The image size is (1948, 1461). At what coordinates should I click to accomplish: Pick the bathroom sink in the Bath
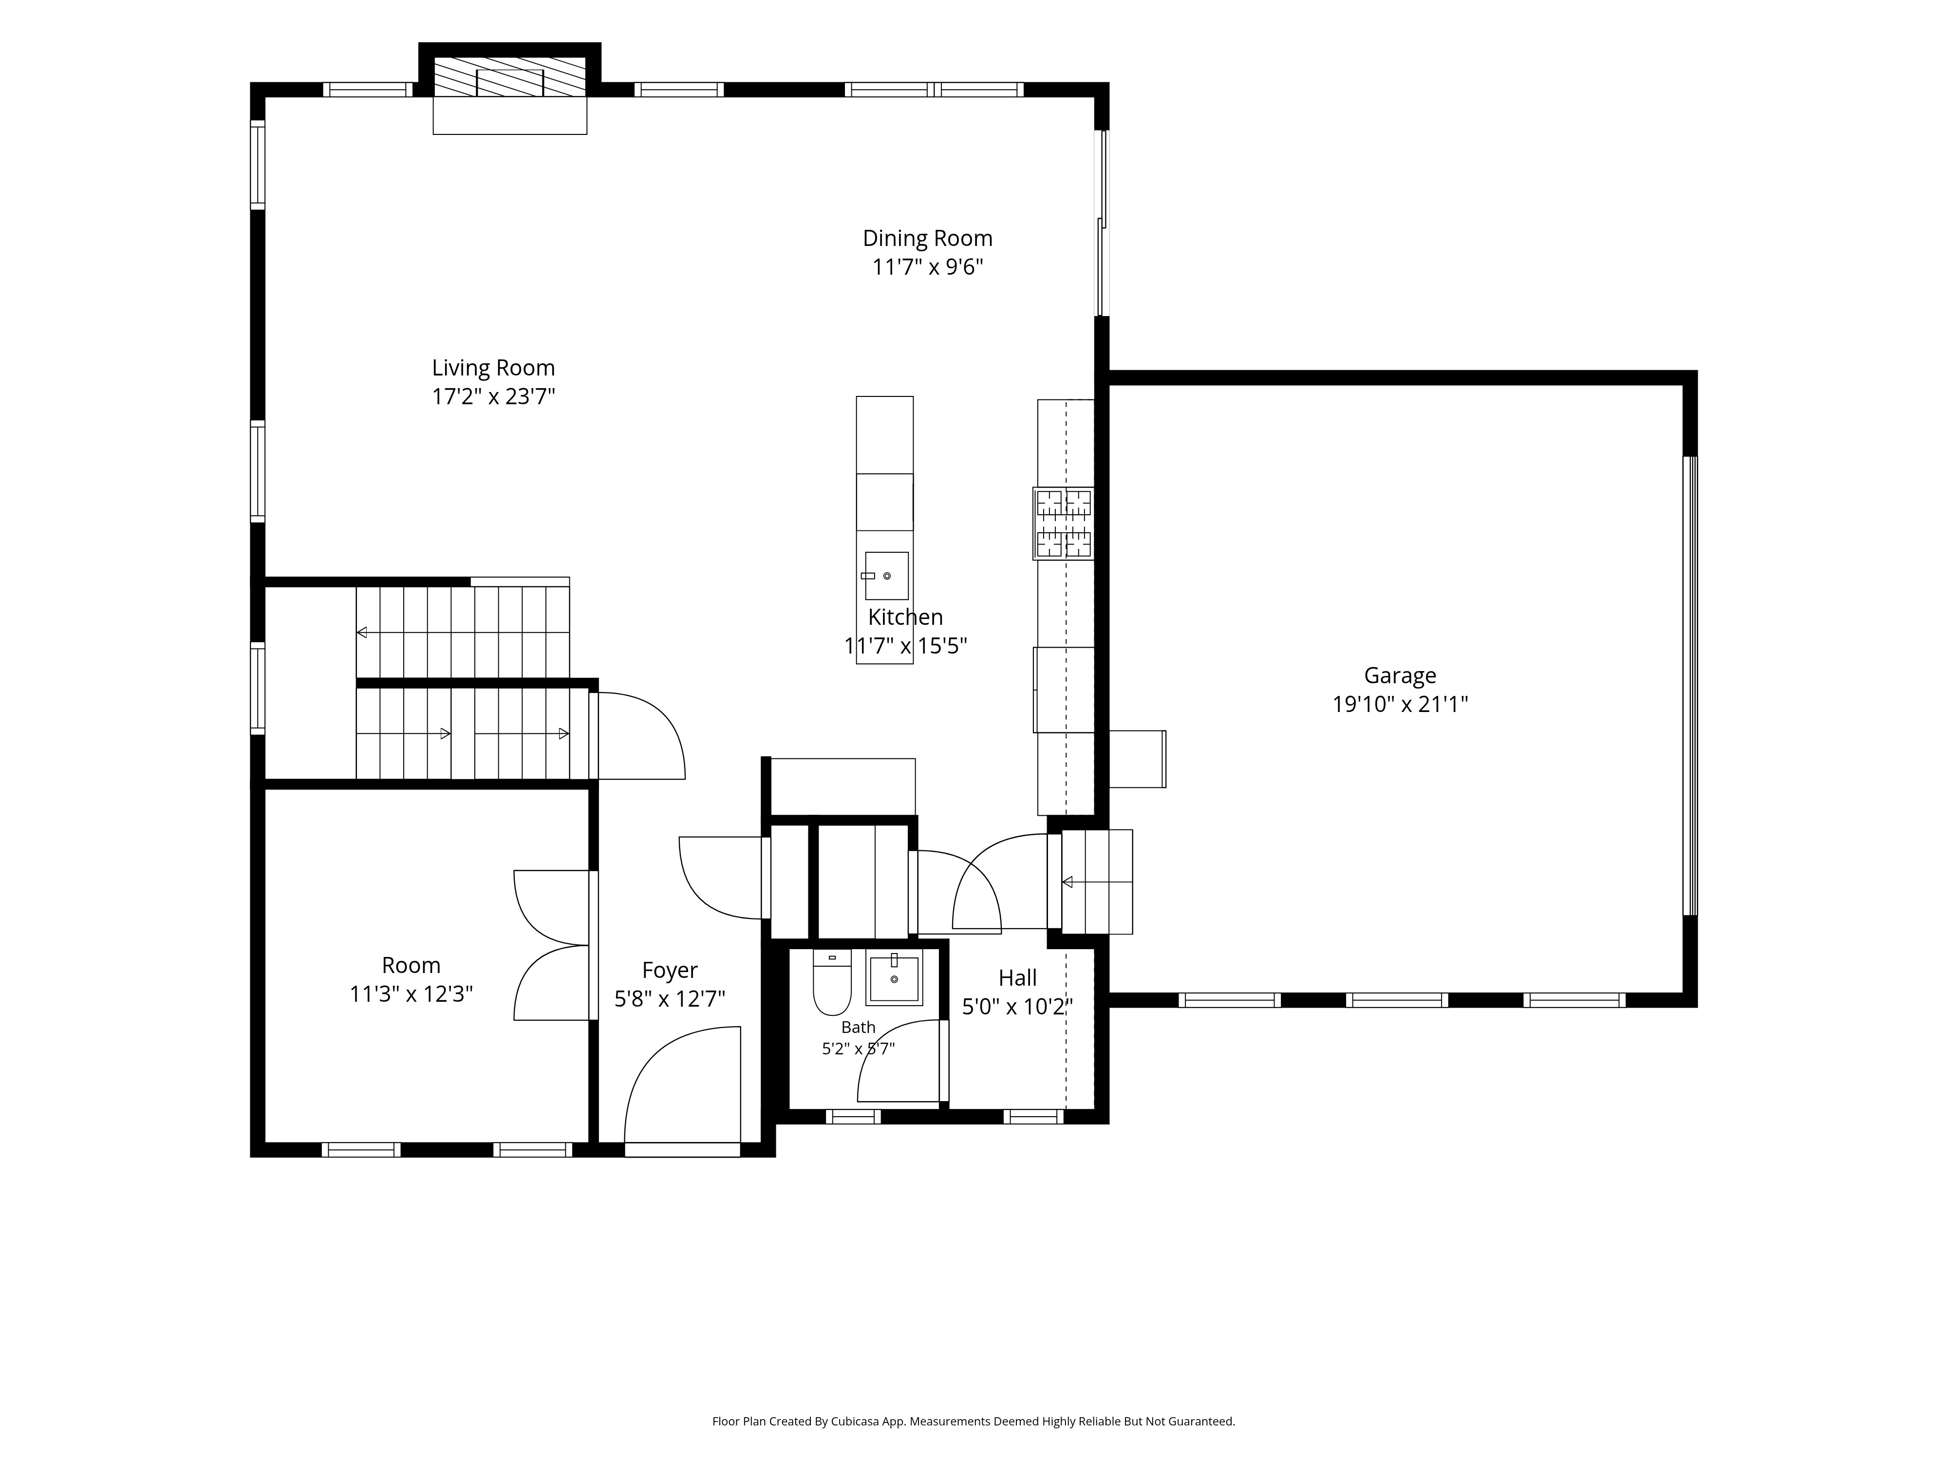click(x=894, y=977)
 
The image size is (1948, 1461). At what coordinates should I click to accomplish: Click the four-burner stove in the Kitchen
click(x=1064, y=523)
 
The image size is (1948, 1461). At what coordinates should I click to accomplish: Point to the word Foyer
click(x=669, y=971)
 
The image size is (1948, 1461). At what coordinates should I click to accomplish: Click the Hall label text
click(x=1017, y=977)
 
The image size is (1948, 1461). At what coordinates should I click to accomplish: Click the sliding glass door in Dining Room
click(x=1101, y=223)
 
